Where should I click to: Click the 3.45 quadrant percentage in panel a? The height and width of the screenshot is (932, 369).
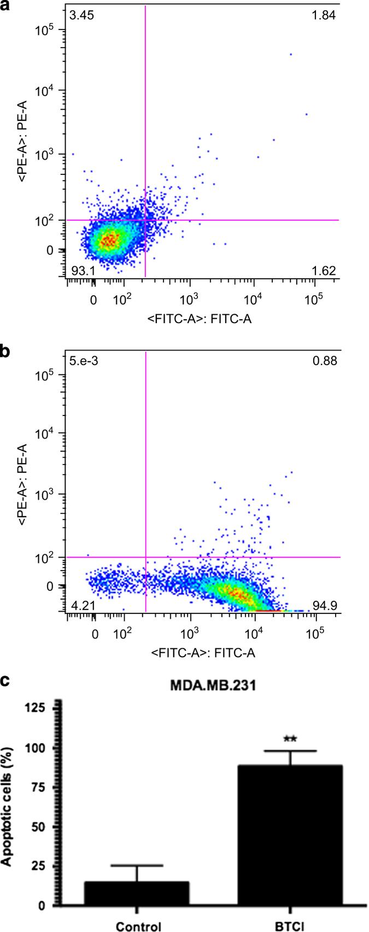tap(81, 15)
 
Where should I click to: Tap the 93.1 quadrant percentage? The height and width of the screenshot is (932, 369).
tap(81, 271)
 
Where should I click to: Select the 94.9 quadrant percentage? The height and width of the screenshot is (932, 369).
tap(324, 605)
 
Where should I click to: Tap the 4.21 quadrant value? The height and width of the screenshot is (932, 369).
tap(81, 605)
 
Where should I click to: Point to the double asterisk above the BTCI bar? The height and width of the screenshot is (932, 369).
tap(290, 740)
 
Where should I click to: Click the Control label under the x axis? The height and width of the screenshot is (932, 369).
tap(138, 926)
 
